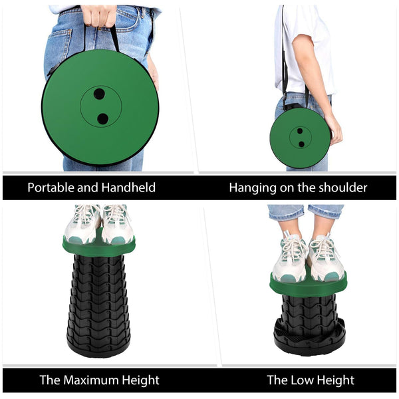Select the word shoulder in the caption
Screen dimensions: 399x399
tap(339, 188)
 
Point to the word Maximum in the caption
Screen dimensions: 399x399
tap(97, 380)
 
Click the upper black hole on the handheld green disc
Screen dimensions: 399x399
tap(99, 94)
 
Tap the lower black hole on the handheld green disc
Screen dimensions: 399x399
tap(102, 119)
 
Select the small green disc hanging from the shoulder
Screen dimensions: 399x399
tap(300, 138)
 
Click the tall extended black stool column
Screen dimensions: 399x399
tap(98, 299)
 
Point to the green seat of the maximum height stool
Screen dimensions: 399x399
tap(98, 247)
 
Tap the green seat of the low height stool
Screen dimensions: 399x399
tap(308, 285)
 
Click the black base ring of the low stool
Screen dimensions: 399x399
tap(308, 339)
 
